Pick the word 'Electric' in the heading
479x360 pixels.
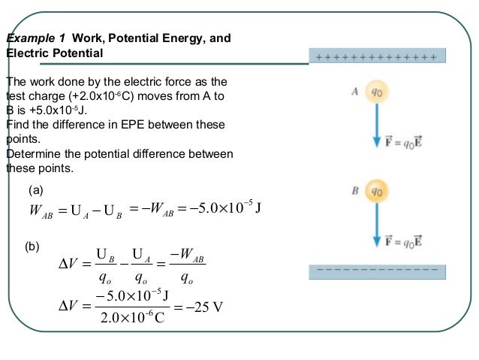[x=26, y=53]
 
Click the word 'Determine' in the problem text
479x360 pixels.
[x=33, y=153]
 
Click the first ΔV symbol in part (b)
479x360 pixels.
[x=69, y=265]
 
